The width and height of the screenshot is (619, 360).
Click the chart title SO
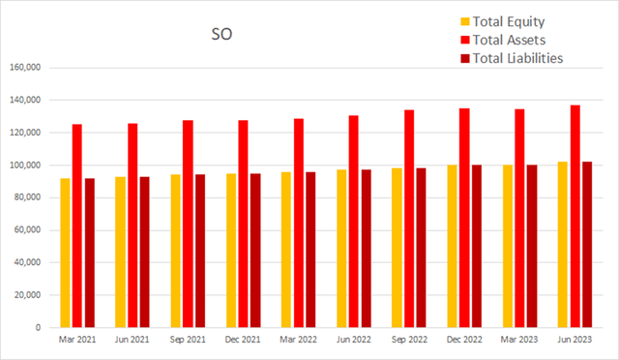tap(222, 36)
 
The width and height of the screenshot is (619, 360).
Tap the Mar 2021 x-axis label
tap(77, 341)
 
